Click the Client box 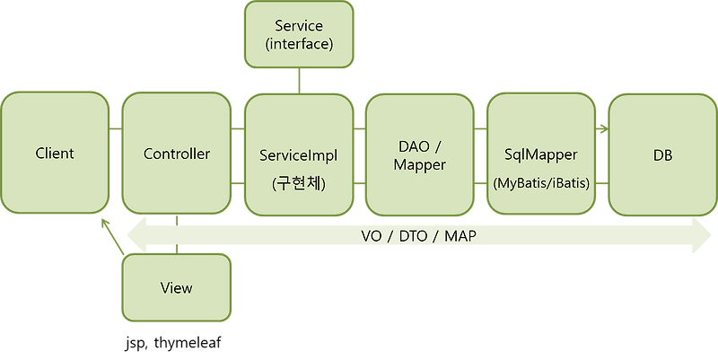click(x=55, y=154)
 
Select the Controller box click(x=177, y=154)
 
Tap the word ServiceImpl click(x=299, y=154)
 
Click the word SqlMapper click(x=541, y=154)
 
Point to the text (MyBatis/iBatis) click(x=541, y=183)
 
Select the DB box click(x=662, y=154)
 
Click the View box click(x=177, y=288)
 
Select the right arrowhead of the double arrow click(x=705, y=235)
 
